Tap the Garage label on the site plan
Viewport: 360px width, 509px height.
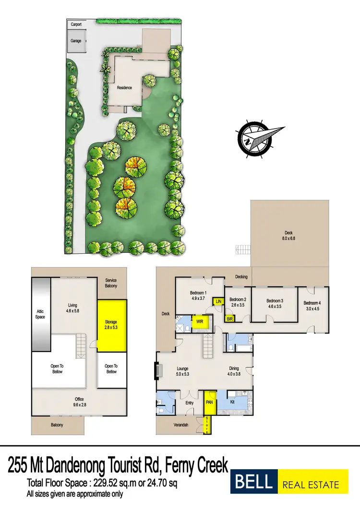pyautogui.click(x=76, y=41)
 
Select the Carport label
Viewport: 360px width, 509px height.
pyautogui.click(x=76, y=24)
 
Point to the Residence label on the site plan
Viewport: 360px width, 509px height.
pyautogui.click(x=124, y=88)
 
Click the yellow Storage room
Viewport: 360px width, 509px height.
pyautogui.click(x=112, y=325)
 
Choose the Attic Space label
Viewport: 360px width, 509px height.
pyautogui.click(x=40, y=314)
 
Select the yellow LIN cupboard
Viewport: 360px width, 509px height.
pyautogui.click(x=218, y=301)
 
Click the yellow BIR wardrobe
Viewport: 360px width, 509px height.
pyautogui.click(x=230, y=318)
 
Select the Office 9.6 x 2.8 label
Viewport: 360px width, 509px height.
pyautogui.click(x=79, y=402)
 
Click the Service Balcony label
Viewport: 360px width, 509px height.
pyautogui.click(x=111, y=283)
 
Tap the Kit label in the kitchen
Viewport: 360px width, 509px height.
pyautogui.click(x=232, y=402)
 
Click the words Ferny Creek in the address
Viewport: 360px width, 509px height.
pyautogui.click(x=195, y=465)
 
